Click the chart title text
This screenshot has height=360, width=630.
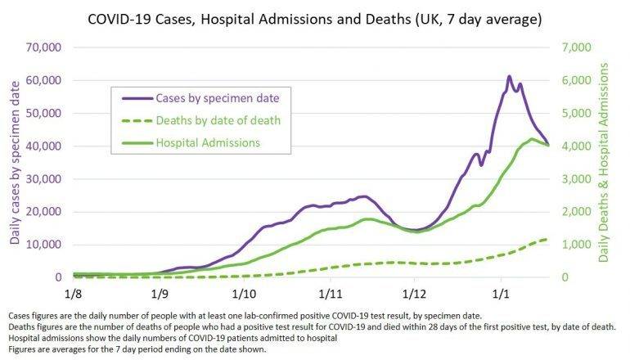tap(315, 18)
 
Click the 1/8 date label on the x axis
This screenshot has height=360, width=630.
tap(73, 292)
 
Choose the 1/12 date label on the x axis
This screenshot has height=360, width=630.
tap(414, 292)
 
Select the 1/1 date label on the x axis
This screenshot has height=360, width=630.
tap(501, 292)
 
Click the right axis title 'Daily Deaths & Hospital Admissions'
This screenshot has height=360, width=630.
tap(603, 164)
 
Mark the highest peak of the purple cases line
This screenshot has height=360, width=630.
tap(509, 76)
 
